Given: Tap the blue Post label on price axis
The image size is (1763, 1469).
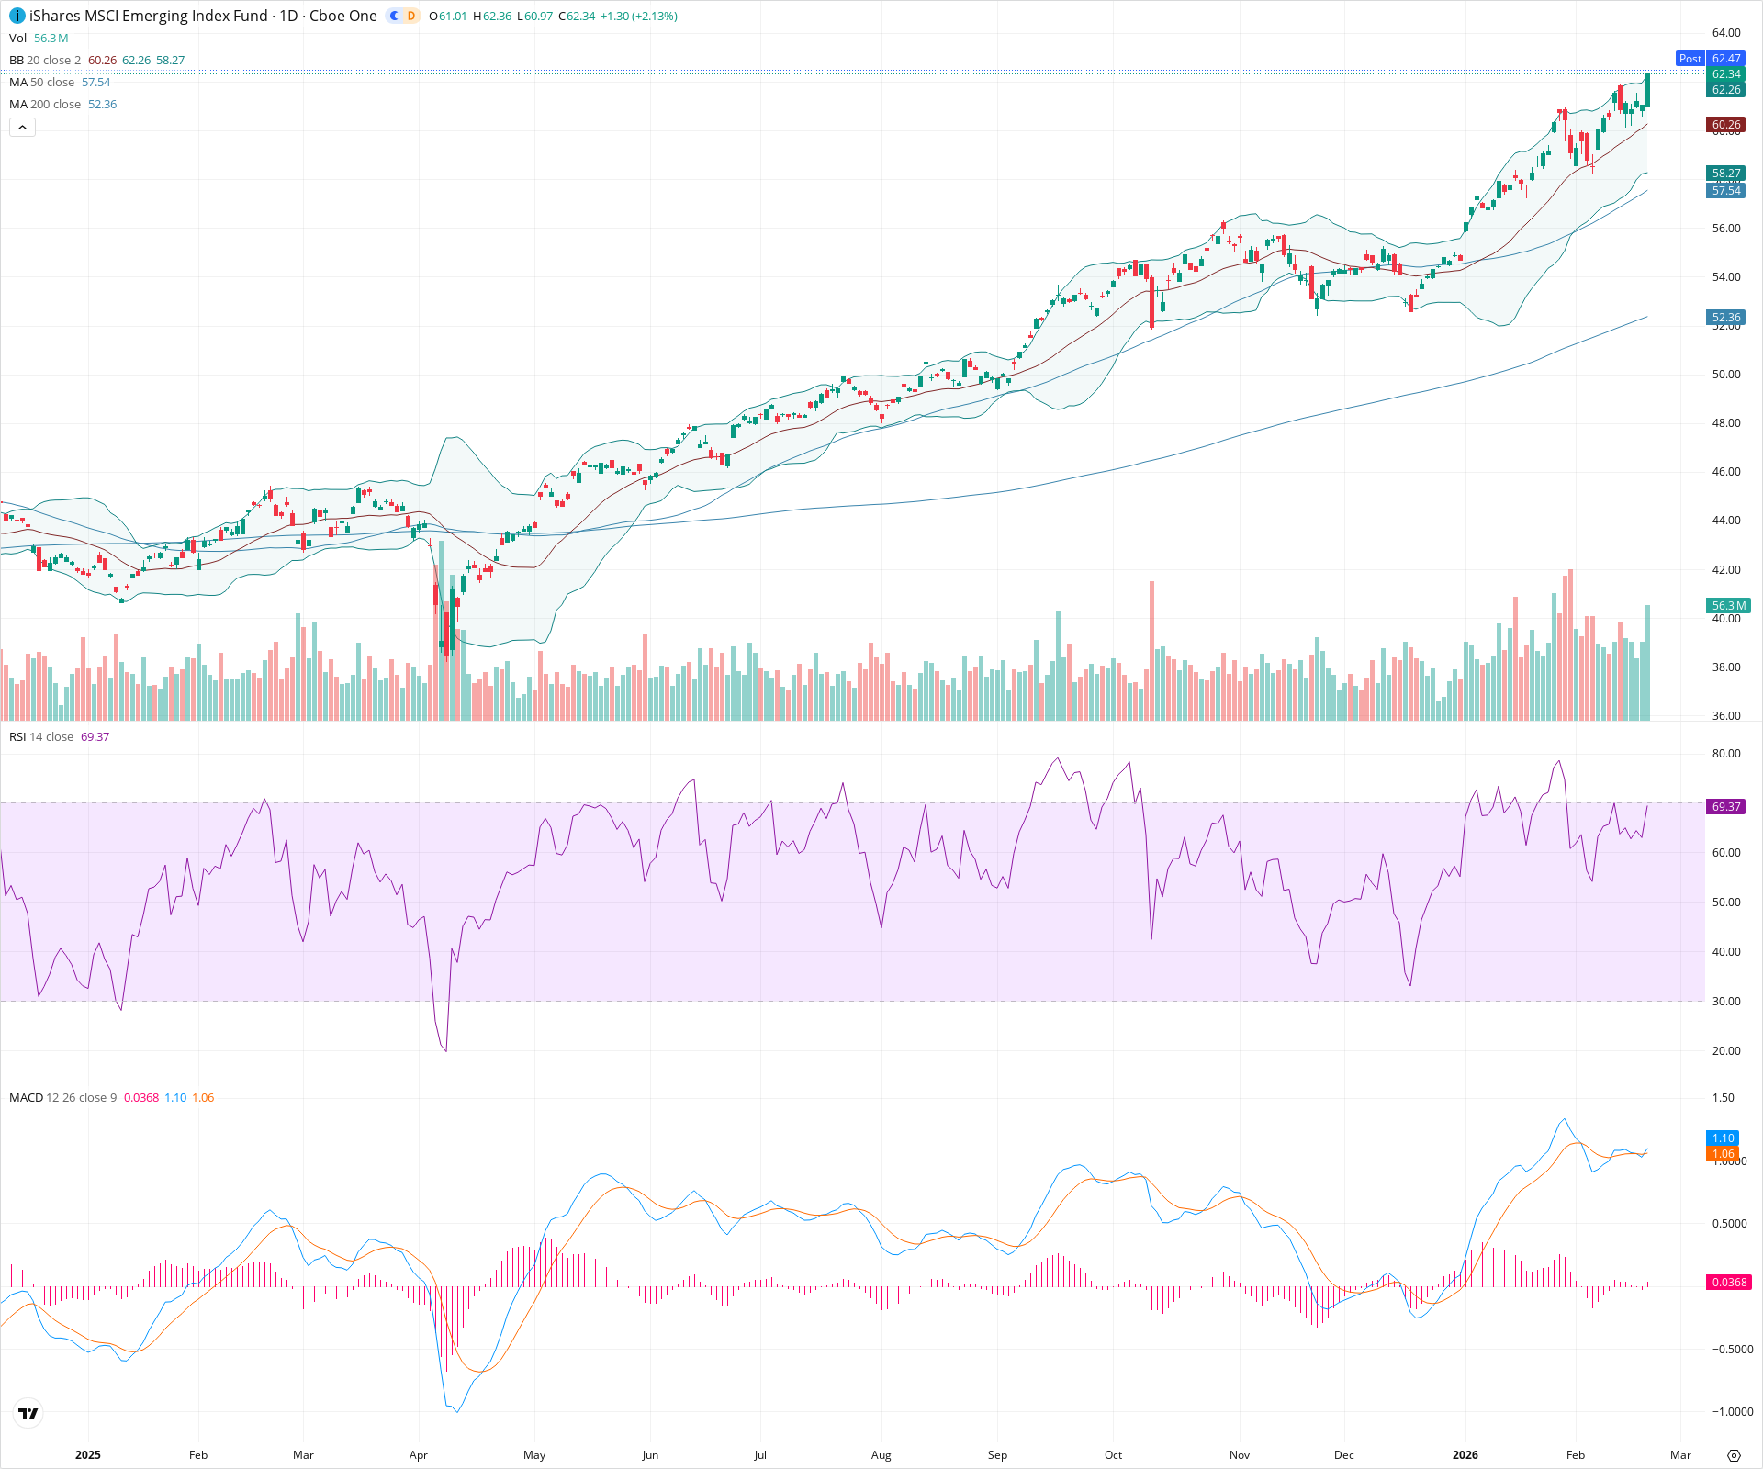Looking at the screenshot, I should tap(1690, 59).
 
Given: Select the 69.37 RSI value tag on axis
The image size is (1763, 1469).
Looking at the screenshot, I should tap(1726, 807).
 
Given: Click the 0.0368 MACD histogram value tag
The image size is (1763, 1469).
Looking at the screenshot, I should tap(1729, 1283).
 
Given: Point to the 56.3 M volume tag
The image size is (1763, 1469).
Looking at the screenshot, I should tap(1729, 606).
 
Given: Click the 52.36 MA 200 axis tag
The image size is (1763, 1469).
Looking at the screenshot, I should tap(1726, 318).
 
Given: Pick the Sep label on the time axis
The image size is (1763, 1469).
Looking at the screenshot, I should tap(997, 1455).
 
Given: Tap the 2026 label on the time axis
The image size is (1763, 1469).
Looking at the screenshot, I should tap(1465, 1455).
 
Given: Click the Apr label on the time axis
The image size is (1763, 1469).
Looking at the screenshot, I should tap(419, 1455).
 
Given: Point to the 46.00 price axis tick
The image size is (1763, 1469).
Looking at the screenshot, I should tap(1726, 472).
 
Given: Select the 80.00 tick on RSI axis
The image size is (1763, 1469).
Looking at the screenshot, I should tap(1726, 754).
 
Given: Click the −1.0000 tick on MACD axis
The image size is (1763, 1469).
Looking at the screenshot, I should tap(1732, 1412).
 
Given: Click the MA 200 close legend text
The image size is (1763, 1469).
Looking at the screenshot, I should tap(45, 105).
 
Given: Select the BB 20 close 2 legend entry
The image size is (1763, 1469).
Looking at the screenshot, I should tap(45, 61).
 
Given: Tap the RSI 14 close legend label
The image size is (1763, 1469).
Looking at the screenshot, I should tap(41, 737).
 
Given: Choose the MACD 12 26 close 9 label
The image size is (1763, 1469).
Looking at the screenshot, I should tap(62, 1098).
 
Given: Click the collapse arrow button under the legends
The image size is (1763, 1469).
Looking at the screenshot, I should tap(23, 128).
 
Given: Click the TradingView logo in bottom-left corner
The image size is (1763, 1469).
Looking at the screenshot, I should tap(28, 1413).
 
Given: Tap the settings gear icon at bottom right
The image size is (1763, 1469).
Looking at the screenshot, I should tap(1734, 1455).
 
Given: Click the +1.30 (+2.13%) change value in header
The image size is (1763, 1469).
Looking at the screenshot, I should tap(639, 17).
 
